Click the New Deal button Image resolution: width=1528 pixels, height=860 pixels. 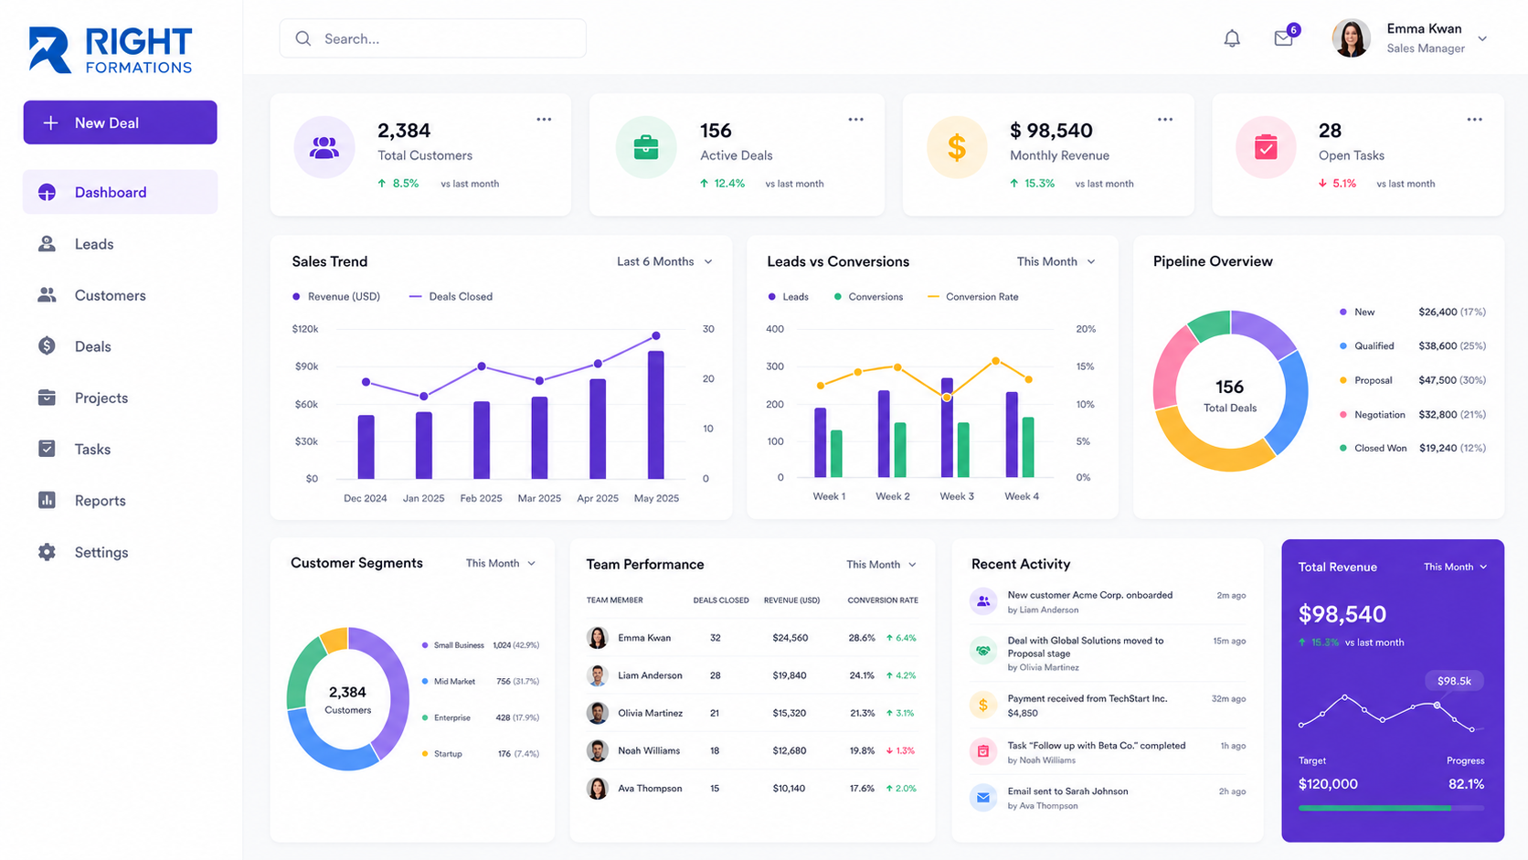point(120,122)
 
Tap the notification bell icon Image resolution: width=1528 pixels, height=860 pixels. point(1232,38)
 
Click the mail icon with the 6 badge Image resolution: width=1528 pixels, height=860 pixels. point(1285,37)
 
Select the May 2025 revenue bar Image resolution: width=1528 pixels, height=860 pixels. point(656,415)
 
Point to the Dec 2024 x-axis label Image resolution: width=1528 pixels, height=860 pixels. point(365,498)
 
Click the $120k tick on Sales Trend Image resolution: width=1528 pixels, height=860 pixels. point(305,329)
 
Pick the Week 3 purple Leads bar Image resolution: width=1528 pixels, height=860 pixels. point(947,428)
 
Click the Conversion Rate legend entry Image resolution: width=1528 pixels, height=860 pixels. point(973,297)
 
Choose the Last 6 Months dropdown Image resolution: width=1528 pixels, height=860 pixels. point(664,262)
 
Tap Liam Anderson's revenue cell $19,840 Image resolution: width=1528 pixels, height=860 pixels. point(790,675)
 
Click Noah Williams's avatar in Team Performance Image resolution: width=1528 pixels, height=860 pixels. point(598,751)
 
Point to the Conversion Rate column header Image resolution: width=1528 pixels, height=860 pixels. point(883,600)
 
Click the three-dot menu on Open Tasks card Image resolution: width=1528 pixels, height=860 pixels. point(1475,120)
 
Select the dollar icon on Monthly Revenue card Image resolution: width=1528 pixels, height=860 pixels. point(957,147)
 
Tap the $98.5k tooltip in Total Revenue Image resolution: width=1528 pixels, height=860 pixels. point(1454,681)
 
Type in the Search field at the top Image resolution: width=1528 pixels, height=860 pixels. point(432,39)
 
